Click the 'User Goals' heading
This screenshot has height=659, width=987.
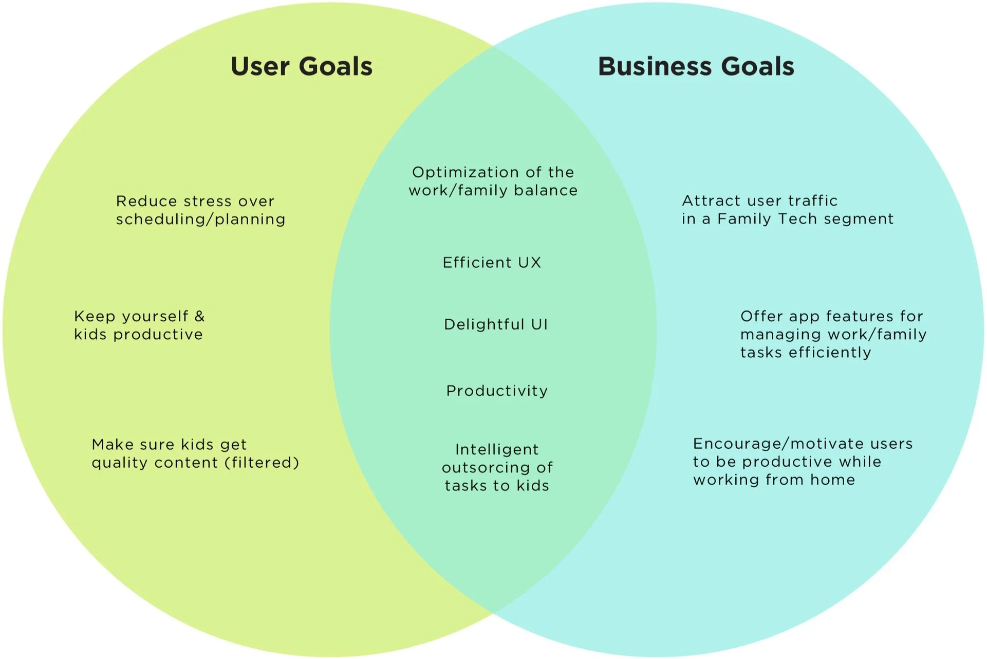pos(302,67)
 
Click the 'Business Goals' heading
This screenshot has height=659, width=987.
pos(696,67)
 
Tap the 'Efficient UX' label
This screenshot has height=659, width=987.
pos(492,263)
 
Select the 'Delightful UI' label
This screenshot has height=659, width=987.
pos(496,324)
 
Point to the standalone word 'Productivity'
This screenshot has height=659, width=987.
pos(497,391)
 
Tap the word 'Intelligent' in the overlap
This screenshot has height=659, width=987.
pos(497,450)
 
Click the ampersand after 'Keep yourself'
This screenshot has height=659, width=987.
pos(199,316)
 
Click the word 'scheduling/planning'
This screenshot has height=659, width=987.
pos(200,219)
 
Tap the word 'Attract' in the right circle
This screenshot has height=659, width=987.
pos(711,200)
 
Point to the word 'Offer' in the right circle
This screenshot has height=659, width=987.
pos(762,316)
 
